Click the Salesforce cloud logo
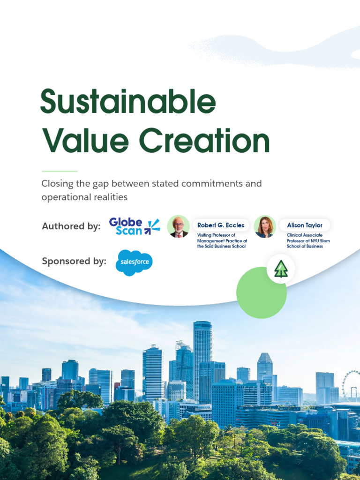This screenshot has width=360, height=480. point(134,262)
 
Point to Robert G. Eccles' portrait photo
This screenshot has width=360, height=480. point(178,227)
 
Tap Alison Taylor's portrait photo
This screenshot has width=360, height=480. point(264,227)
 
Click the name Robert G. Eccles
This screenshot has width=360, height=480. point(221,225)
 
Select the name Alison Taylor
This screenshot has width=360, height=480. point(305,225)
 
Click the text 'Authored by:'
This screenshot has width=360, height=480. point(71,226)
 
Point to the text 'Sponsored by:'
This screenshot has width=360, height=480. point(74,261)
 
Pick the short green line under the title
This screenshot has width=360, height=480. point(60,171)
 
